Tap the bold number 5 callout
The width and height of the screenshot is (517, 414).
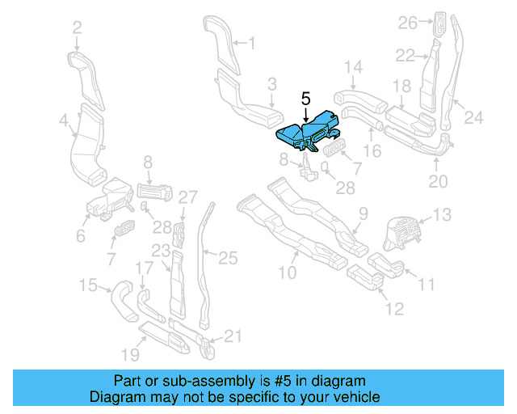305,98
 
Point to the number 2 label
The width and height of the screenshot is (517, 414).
77,28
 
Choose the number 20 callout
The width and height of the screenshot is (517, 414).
437,181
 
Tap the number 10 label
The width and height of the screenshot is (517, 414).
288,273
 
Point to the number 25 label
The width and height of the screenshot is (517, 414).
229,258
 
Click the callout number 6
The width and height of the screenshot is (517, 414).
81,235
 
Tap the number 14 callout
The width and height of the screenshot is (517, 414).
354,66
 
